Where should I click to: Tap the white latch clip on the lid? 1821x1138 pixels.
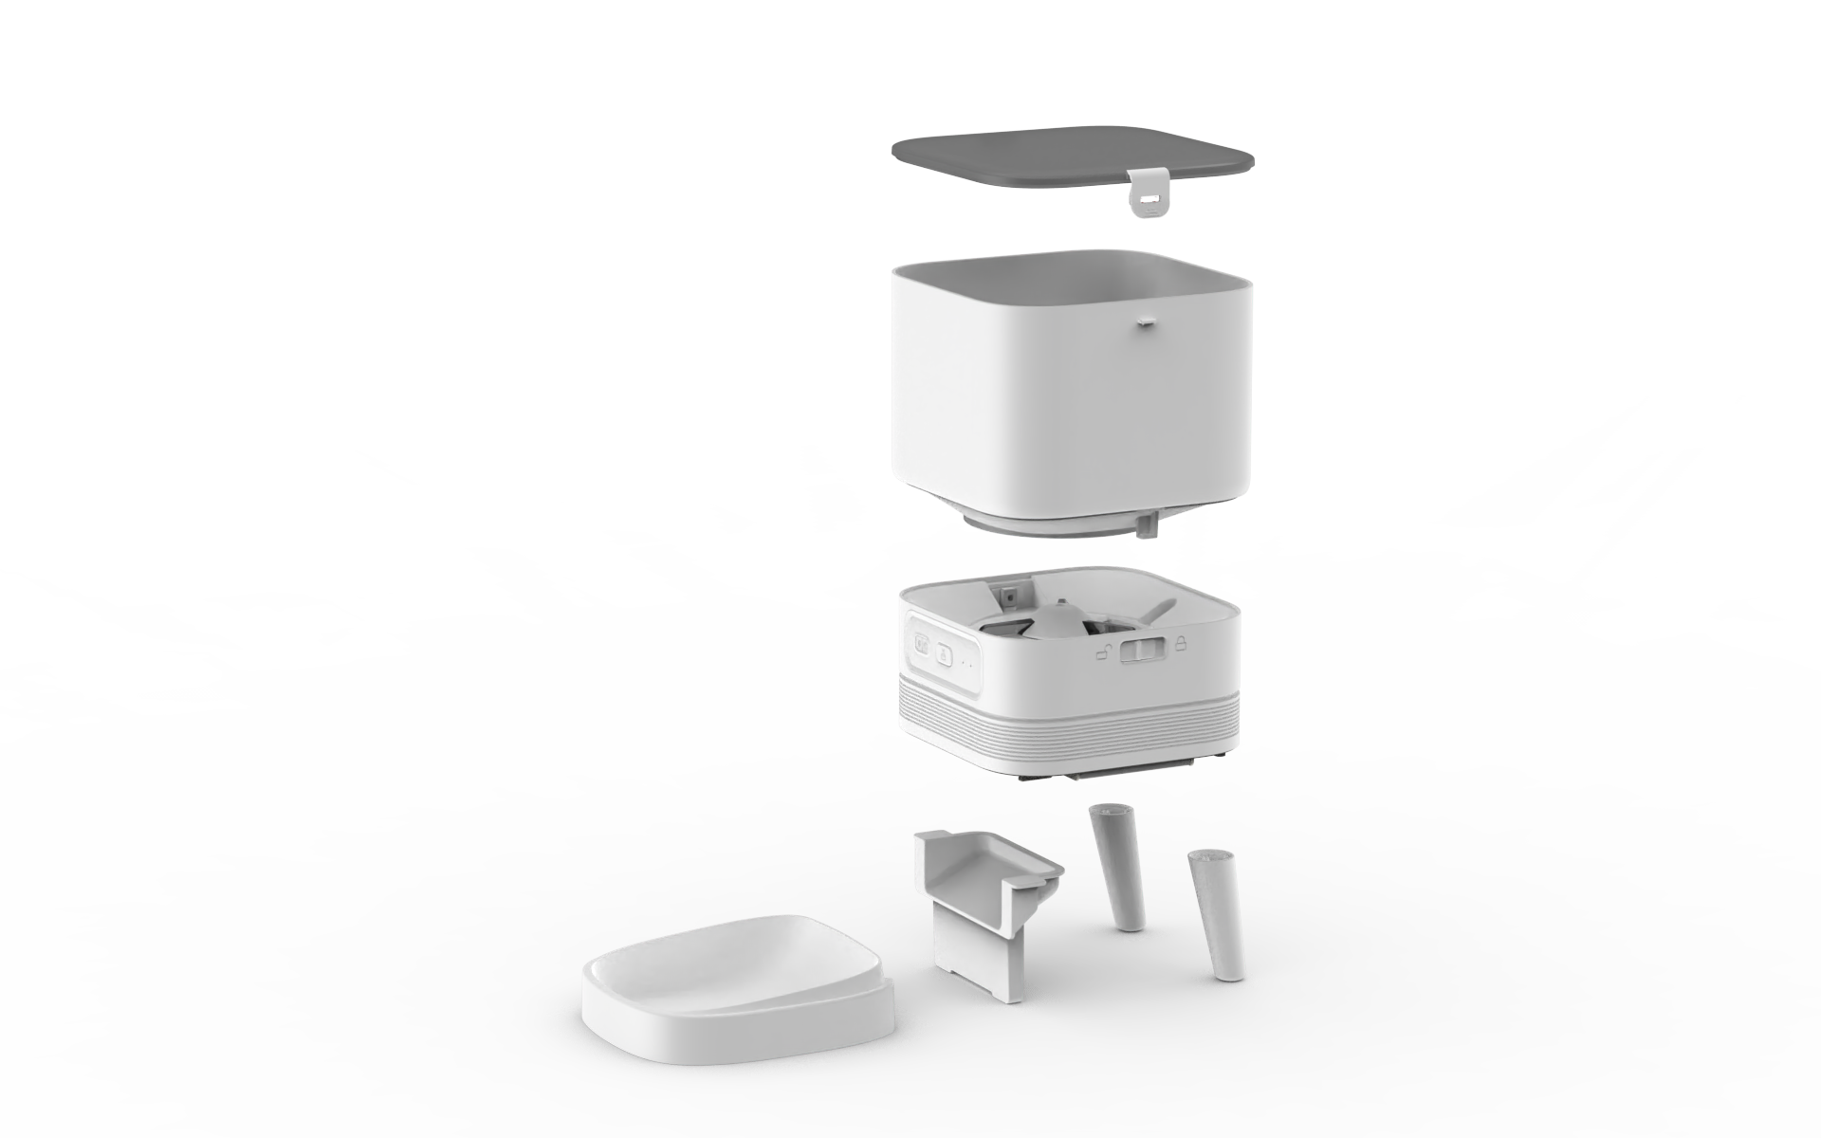click(x=1148, y=191)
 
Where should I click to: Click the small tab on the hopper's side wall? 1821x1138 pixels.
click(x=1144, y=322)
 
